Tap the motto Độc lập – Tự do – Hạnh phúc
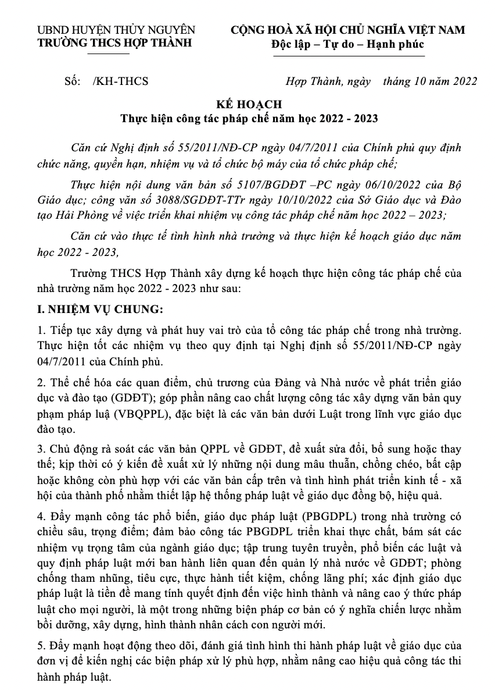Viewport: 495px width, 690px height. (348, 44)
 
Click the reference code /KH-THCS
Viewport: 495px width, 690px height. (120, 81)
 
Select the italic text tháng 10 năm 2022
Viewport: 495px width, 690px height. (430, 81)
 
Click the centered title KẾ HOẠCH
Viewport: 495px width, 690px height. (249, 105)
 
